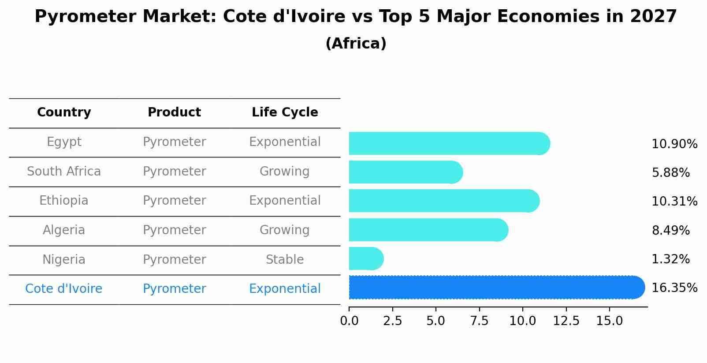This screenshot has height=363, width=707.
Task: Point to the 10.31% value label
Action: pos(674,202)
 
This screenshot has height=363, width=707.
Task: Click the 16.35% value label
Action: pos(674,288)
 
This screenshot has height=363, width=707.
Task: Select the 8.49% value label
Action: pos(670,230)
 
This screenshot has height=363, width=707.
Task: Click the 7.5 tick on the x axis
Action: pos(479,321)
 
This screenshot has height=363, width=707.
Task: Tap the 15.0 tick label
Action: pos(610,321)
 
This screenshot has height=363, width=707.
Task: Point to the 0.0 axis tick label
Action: pos(349,321)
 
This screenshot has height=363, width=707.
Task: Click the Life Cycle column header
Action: pos(285,112)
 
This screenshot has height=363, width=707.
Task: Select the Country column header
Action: pos(64,112)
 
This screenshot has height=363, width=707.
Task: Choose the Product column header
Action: pos(174,112)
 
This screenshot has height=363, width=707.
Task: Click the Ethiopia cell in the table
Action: pos(64,201)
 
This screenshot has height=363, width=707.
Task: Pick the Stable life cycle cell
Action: pos(285,259)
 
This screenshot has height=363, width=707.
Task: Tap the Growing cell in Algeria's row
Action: pos(285,230)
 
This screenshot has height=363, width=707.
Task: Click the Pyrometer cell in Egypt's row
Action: pos(174,142)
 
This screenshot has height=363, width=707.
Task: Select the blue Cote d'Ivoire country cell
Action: pos(64,289)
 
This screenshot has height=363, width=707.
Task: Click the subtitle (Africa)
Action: pos(356,44)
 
